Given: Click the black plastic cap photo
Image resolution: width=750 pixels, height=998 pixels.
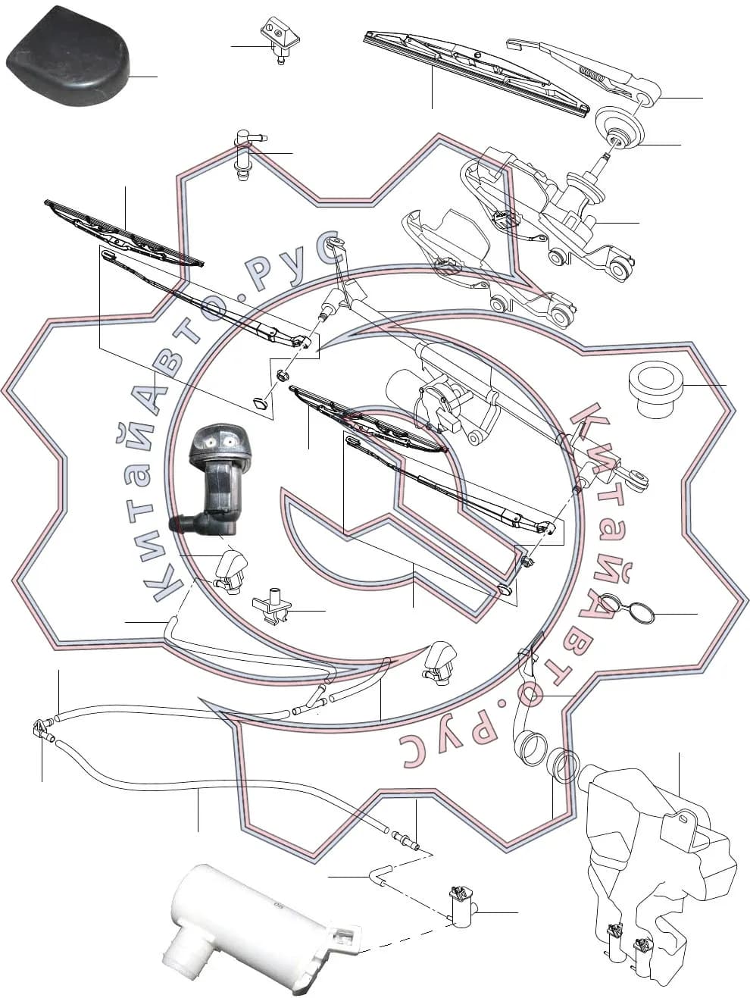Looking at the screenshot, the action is [x=68, y=56].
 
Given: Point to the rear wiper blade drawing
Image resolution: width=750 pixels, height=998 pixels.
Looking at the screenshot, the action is [x=477, y=74].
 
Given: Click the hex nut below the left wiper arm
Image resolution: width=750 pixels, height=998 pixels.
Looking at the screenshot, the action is [x=282, y=376].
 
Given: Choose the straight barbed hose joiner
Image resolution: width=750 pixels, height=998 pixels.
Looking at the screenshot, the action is [x=404, y=837].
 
